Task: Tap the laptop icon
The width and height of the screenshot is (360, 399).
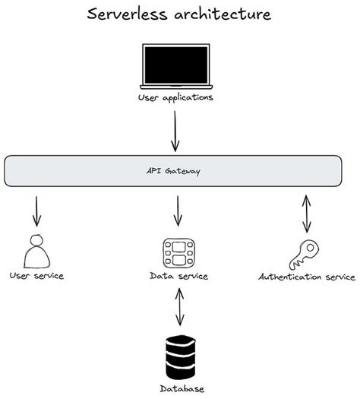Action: [175, 67]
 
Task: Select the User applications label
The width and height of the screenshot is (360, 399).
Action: [176, 98]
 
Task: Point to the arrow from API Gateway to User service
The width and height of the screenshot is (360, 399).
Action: [36, 211]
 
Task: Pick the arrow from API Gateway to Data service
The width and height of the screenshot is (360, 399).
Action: [178, 211]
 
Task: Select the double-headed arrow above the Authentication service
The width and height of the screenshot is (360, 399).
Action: [306, 213]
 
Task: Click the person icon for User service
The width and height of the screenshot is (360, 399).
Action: [36, 251]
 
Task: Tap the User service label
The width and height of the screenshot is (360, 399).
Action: [36, 275]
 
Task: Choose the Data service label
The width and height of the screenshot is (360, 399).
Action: [179, 275]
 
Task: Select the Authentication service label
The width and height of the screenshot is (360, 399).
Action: [307, 277]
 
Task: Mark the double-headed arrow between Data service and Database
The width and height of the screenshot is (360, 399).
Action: [179, 307]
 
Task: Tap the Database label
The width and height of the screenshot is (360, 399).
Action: [182, 388]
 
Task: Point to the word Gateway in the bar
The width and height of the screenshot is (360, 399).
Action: [187, 171]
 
